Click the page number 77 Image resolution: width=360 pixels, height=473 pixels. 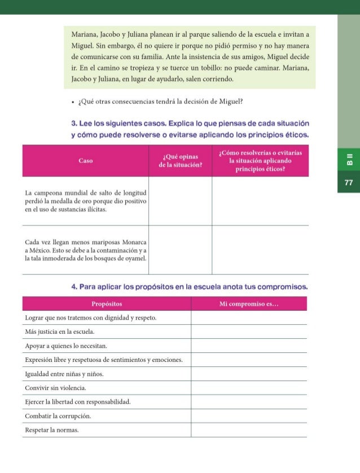pyautogui.click(x=348, y=183)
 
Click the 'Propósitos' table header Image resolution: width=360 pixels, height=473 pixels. pyautogui.click(x=107, y=304)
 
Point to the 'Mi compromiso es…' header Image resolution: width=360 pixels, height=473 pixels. pyautogui.click(x=249, y=304)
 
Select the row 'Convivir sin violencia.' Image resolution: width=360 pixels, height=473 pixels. pyautogui.click(x=56, y=388)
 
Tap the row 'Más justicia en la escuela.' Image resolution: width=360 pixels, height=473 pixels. pyautogui.click(x=60, y=332)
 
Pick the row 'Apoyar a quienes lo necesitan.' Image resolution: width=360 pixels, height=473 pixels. pyautogui.click(x=66, y=346)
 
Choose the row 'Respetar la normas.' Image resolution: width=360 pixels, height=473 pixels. pyautogui.click(x=52, y=430)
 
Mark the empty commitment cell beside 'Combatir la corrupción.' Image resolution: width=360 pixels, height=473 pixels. pyautogui.click(x=249, y=416)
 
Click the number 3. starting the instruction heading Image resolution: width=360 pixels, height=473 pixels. pyautogui.click(x=74, y=123)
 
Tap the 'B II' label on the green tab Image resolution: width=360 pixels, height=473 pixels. pyautogui.click(x=348, y=160)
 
